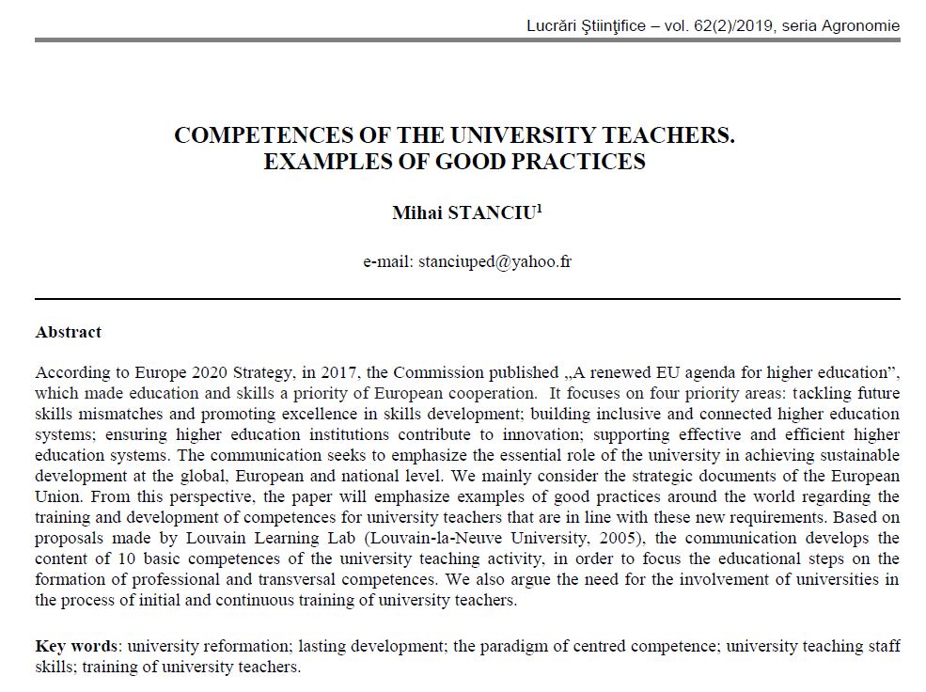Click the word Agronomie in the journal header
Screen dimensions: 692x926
(x=861, y=25)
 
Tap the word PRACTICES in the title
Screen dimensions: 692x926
(x=583, y=161)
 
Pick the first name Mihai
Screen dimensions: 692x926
(x=412, y=213)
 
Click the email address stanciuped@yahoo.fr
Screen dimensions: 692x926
(x=494, y=261)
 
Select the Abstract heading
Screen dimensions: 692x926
(x=68, y=332)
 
